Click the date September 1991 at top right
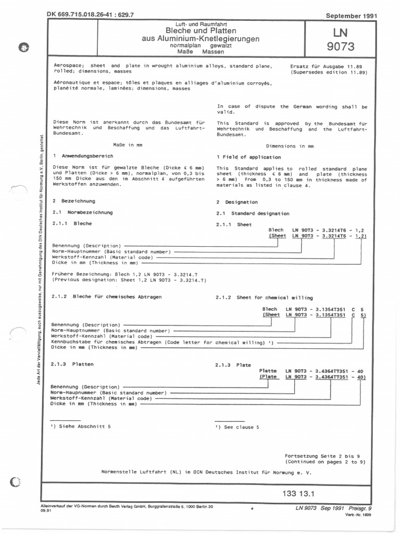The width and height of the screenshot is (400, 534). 351,16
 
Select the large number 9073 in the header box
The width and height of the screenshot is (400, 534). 340,47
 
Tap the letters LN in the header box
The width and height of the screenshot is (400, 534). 340,32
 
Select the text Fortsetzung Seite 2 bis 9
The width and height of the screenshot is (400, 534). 325,455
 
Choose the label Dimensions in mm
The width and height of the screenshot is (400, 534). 290,147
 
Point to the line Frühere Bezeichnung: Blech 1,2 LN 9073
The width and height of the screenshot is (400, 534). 125,274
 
